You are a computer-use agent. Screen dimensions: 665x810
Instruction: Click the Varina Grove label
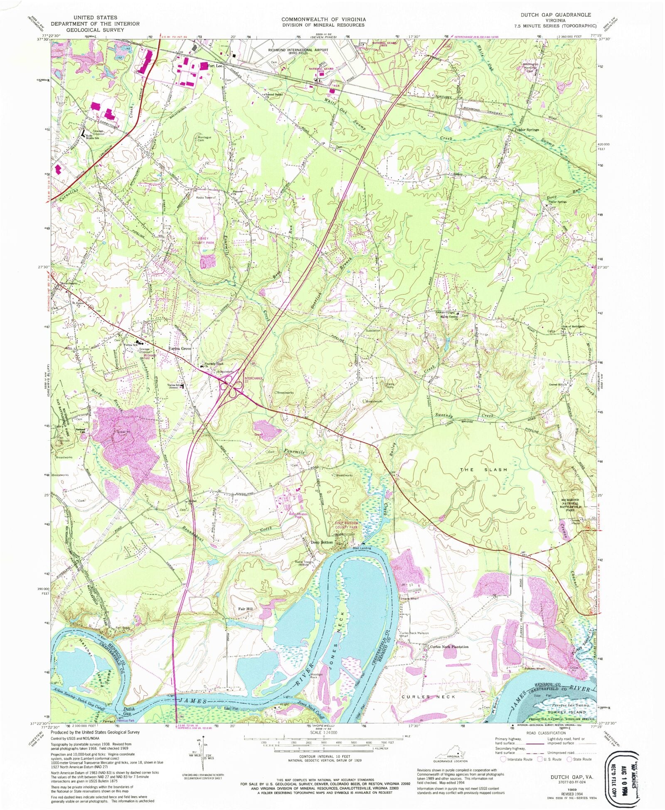coord(179,349)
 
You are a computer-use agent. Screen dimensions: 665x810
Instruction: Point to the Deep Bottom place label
coord(323,542)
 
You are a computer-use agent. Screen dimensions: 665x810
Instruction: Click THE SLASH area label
coord(483,469)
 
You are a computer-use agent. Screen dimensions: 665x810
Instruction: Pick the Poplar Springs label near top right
coord(527,130)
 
